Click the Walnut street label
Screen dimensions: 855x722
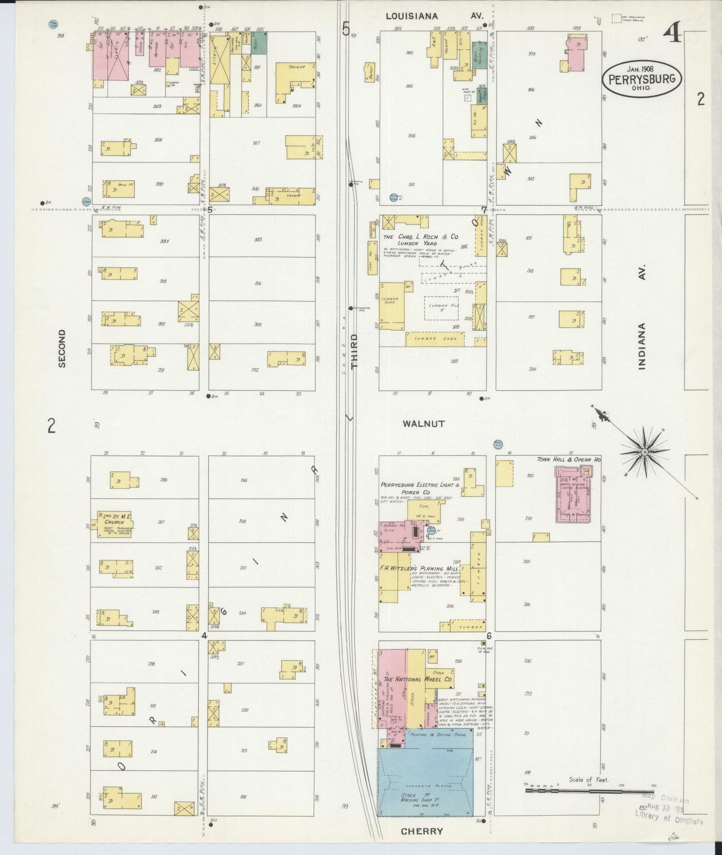pos(424,423)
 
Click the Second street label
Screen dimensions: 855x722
pos(62,348)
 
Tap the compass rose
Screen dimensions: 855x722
pos(644,452)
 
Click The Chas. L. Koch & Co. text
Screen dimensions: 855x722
pos(421,237)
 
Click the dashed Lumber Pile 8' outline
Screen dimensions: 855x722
pos(441,308)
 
